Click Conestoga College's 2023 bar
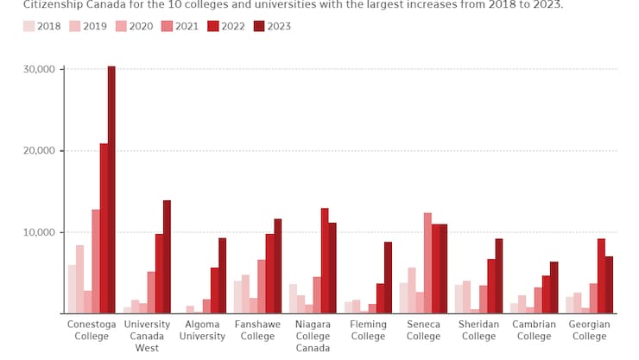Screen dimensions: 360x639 [x=111, y=190]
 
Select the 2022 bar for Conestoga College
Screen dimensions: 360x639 [x=104, y=229]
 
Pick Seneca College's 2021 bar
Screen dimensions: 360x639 [x=427, y=263]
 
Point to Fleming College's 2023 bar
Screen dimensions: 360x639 [x=388, y=278]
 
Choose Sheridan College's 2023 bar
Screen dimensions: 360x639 [x=498, y=276]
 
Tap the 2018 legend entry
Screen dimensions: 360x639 [x=42, y=26]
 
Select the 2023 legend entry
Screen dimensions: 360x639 [x=272, y=26]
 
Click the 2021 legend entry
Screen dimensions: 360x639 [x=180, y=26]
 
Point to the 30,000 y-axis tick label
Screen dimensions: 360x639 [x=39, y=69]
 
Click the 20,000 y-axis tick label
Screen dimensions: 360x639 [x=39, y=151]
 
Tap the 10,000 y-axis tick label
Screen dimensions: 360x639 [x=39, y=232]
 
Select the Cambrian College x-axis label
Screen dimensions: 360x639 [x=535, y=331]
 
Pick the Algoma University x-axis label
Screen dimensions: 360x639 [x=202, y=331]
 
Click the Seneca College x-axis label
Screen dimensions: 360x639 [x=423, y=331]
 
